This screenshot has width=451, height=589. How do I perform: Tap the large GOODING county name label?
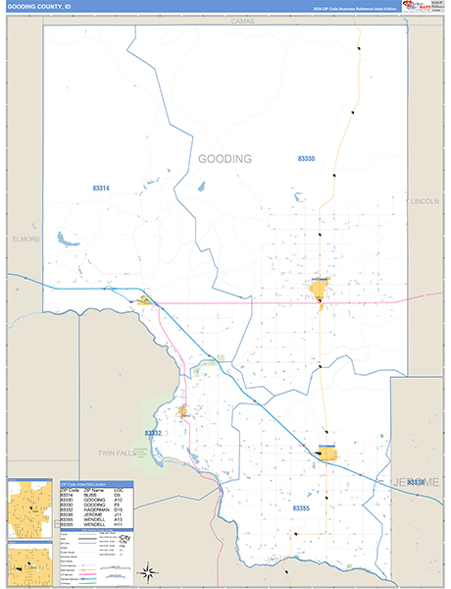pyautogui.click(x=225, y=159)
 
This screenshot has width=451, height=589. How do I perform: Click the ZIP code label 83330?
pyautogui.click(x=307, y=158)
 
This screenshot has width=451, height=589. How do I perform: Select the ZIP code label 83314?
pyautogui.click(x=101, y=188)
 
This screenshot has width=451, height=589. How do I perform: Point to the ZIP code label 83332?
pyautogui.click(x=153, y=433)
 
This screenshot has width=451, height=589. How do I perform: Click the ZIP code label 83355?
pyautogui.click(x=300, y=509)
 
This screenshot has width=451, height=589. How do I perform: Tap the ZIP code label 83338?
pyautogui.click(x=418, y=482)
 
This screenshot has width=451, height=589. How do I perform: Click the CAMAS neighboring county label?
pyautogui.click(x=242, y=21)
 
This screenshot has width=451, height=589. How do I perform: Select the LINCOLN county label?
pyautogui.click(x=426, y=201)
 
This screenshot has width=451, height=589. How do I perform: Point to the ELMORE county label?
pyautogui.click(x=25, y=239)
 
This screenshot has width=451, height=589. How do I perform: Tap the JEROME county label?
pyautogui.click(x=416, y=482)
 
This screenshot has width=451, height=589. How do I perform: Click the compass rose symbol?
pyautogui.click(x=147, y=571)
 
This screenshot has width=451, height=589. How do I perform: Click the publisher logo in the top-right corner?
pyautogui.click(x=420, y=8)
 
